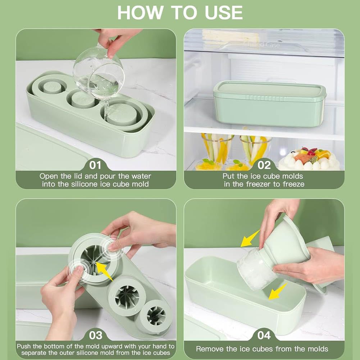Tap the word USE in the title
pos(224,13)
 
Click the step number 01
pos(95,165)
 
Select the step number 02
pos(264,165)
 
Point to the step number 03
pos(96,335)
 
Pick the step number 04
pos(264,335)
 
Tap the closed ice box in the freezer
pos(270,103)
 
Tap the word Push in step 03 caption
pos(24,346)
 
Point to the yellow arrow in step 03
pos(104,272)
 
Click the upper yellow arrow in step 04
pos(250,239)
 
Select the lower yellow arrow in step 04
pos(278,291)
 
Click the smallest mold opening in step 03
pos(156,316)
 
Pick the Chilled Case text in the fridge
pos(261,44)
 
